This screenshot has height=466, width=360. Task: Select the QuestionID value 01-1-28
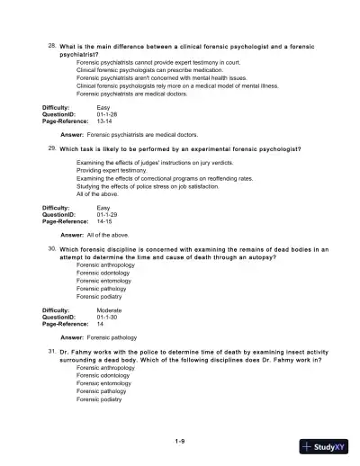pos(106,115)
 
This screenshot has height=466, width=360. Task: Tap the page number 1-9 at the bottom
pos(180,441)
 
